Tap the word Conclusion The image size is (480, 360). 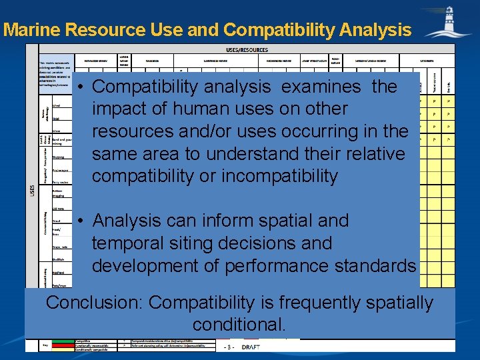click(x=94, y=303)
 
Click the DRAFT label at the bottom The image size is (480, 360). click(x=251, y=347)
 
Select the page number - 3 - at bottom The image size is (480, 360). click(x=229, y=347)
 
